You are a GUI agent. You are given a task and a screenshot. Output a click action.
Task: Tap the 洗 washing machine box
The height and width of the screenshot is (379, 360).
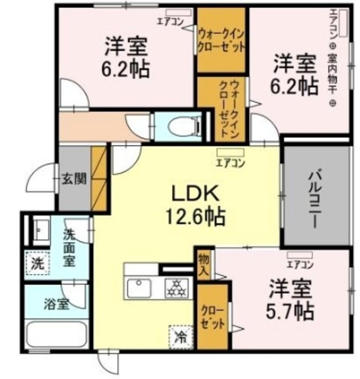(x=37, y=262)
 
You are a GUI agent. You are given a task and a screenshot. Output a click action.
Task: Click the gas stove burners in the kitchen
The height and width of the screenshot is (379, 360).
(x=175, y=288)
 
